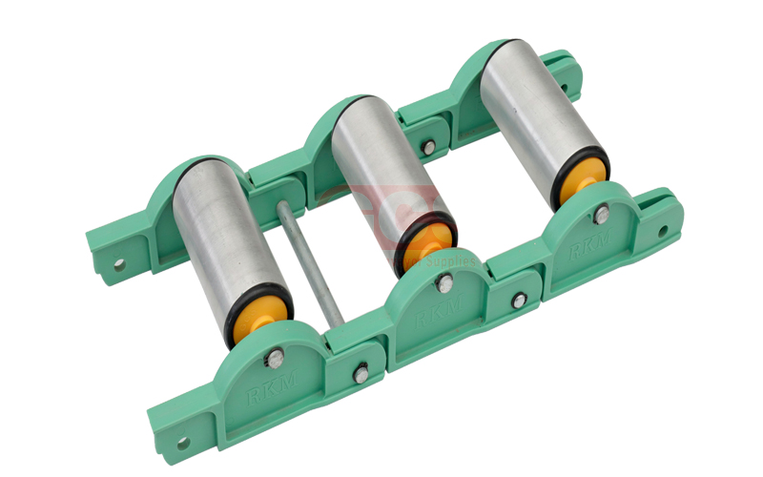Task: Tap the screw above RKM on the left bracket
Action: click(x=275, y=359)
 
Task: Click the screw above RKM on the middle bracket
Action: click(x=444, y=281)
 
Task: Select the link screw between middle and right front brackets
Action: click(x=518, y=301)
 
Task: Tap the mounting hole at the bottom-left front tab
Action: click(x=182, y=443)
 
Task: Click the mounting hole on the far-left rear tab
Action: click(x=120, y=265)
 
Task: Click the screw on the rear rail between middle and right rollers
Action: click(x=429, y=146)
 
